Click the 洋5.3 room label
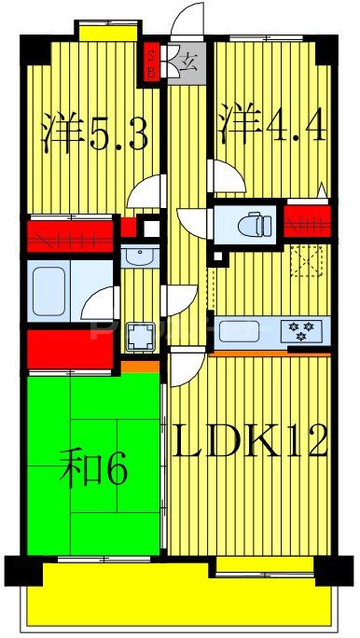(x=94, y=133)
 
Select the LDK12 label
(x=250, y=440)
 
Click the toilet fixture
(x=250, y=223)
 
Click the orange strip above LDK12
(x=270, y=354)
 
